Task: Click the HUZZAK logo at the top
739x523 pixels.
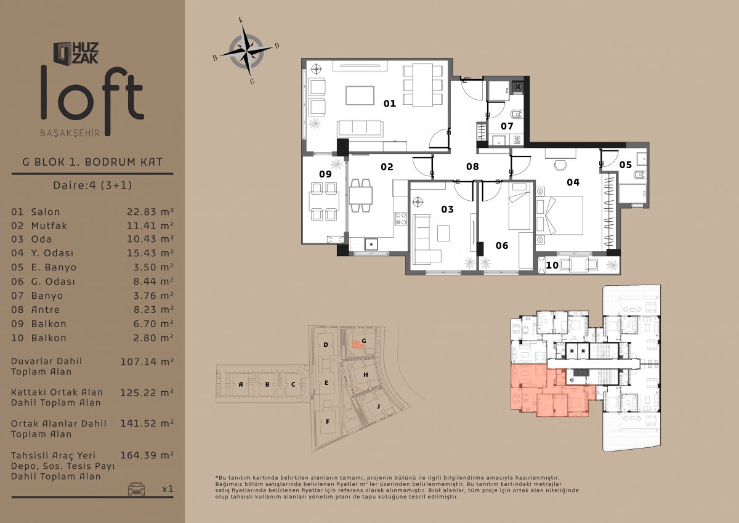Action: [76, 53]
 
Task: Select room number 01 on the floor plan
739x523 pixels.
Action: [389, 103]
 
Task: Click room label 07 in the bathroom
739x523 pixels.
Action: [507, 126]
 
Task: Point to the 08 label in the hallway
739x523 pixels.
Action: [472, 167]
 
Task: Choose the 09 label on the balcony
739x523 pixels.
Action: [325, 174]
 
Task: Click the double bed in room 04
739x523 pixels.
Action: [559, 216]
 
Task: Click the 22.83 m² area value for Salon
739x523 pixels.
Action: [150, 212]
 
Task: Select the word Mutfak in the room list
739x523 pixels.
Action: [49, 225]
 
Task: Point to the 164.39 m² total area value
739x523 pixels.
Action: [147, 455]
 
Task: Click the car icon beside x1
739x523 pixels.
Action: [136, 489]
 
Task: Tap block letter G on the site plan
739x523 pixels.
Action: [364, 341]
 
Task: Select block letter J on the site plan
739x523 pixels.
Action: [378, 406]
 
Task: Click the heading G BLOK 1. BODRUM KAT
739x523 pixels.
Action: [92, 162]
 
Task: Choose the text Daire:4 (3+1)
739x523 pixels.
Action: [92, 185]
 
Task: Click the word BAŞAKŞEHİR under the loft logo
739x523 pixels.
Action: [70, 133]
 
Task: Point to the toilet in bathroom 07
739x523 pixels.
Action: [517, 114]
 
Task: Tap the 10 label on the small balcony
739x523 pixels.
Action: [552, 265]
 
